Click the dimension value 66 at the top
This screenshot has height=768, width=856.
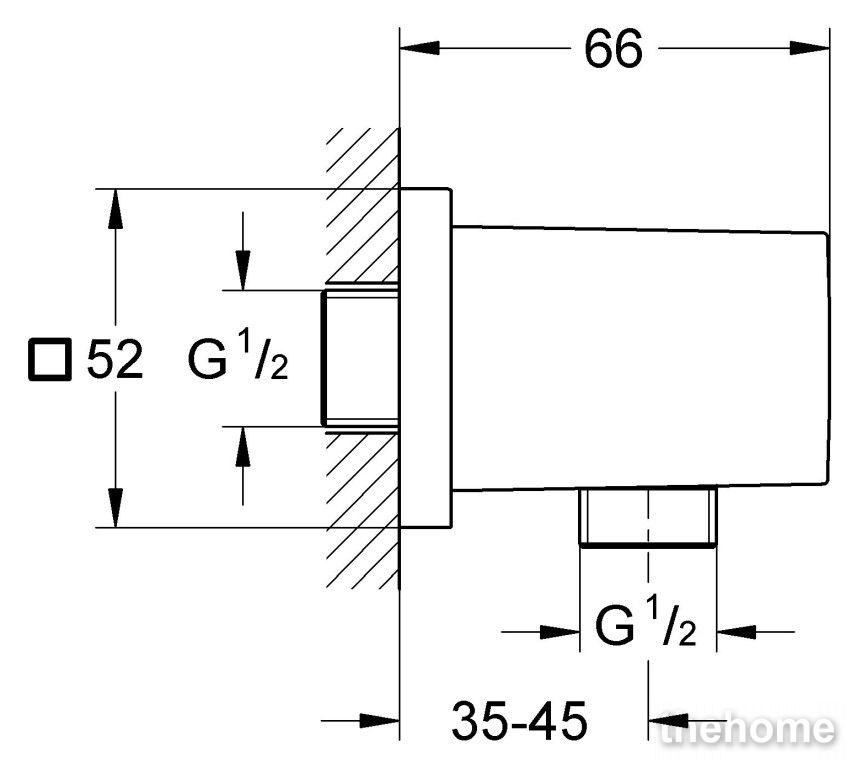[614, 49]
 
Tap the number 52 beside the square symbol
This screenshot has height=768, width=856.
[115, 359]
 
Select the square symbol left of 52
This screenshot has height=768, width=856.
[50, 359]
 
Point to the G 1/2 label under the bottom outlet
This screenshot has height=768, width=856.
[646, 622]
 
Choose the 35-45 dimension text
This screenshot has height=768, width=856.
[519, 721]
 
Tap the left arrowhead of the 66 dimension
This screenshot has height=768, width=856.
[420, 48]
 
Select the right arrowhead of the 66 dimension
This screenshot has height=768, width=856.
[809, 48]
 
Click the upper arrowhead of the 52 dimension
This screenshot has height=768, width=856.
[115, 208]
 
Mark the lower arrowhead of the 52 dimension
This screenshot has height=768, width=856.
[115, 508]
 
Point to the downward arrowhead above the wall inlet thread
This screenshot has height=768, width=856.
[243, 270]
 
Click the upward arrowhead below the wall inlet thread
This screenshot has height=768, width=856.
[243, 446]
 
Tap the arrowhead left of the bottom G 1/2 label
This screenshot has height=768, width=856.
[560, 633]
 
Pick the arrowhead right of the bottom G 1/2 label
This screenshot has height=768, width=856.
[736, 633]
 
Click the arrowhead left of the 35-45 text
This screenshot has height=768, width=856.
[379, 721]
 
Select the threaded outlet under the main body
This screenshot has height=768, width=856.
[647, 516]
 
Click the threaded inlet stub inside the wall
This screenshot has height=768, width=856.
[360, 358]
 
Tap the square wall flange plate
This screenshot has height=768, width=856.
[426, 358]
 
